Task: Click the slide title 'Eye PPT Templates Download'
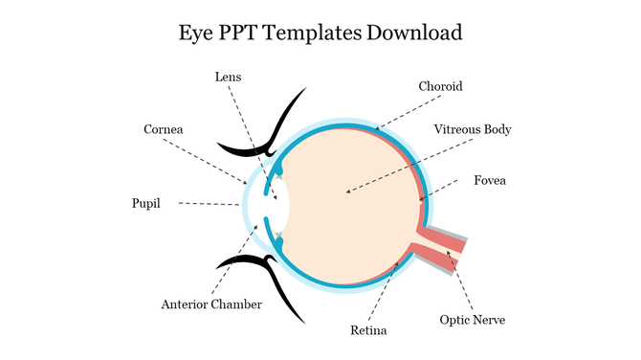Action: (x=320, y=33)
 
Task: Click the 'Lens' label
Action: (x=228, y=77)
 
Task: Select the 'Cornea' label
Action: (x=163, y=129)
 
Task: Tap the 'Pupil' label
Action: (x=146, y=203)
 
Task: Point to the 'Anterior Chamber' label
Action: (x=211, y=304)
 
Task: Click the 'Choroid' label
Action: (x=440, y=86)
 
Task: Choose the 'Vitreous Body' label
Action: (x=473, y=129)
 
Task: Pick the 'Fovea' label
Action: (x=490, y=180)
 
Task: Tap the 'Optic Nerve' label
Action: (x=472, y=320)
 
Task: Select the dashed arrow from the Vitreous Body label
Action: (x=402, y=163)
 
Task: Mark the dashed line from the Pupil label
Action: (x=210, y=204)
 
